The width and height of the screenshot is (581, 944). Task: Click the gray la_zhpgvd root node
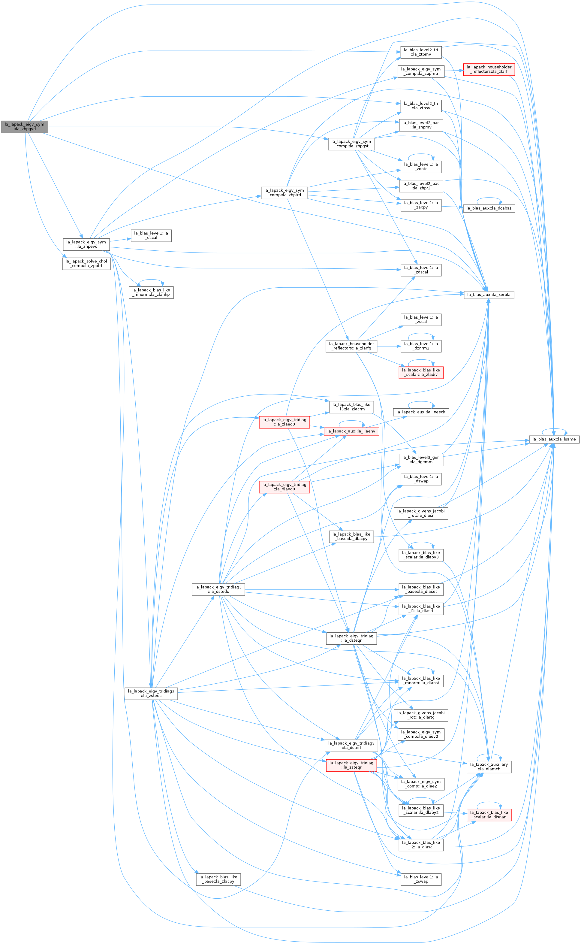pos(25,127)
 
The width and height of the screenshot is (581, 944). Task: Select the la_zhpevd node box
pos(86,244)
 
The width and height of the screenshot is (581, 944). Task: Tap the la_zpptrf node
pos(86,264)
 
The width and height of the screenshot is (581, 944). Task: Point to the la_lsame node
pos(554,439)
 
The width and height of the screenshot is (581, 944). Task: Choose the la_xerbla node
pos(489,295)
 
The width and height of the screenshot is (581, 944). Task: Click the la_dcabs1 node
pos(489,208)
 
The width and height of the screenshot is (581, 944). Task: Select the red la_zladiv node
pos(421,372)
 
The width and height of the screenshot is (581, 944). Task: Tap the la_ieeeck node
pos(421,412)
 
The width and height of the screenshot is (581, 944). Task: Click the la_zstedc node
pos(151,693)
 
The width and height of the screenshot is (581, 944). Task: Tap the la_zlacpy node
pos(218,879)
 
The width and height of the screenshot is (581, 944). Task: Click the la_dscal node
pos(151,236)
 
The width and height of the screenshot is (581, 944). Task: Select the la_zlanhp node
pos(151,292)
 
